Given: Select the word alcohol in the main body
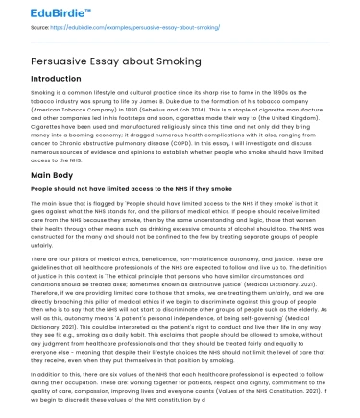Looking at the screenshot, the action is click(x=246, y=236).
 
